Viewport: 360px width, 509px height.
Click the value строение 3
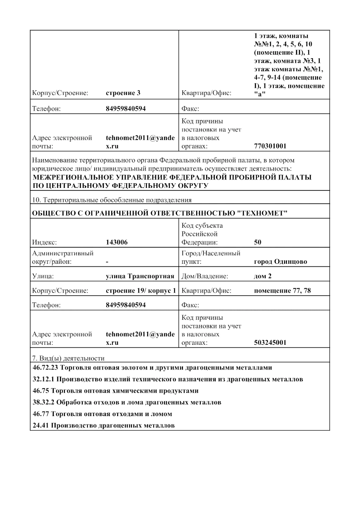pyautogui.click(x=123, y=93)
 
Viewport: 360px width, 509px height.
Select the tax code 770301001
pyautogui.click(x=270, y=146)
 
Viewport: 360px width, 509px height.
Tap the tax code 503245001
pyautogui.click(x=270, y=343)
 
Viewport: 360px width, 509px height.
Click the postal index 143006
pyautogui.click(x=117, y=243)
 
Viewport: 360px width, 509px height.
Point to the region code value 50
pyautogui.click(x=258, y=243)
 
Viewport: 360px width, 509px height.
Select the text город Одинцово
pyautogui.click(x=280, y=262)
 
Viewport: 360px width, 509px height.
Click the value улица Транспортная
pyautogui.click(x=140, y=277)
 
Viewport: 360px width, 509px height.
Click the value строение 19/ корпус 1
pyautogui.click(x=141, y=291)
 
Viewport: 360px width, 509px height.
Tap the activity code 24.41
pyautogui.click(x=41, y=425)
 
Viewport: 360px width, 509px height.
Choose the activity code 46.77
pyautogui.click(x=41, y=414)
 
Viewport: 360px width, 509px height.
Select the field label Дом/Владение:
pyautogui.click(x=205, y=277)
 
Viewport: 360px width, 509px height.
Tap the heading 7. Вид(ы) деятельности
pyautogui.click(x=68, y=358)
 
